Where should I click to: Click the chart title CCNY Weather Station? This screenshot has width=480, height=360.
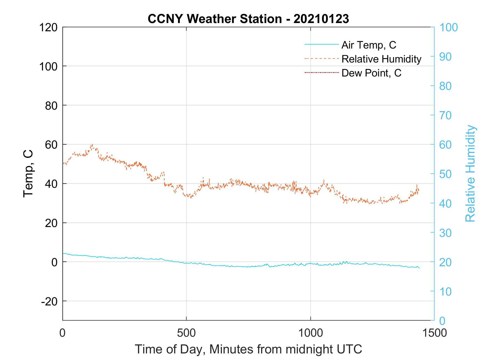(248, 19)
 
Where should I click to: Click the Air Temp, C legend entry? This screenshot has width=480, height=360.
(369, 45)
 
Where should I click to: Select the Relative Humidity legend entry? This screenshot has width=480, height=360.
(381, 59)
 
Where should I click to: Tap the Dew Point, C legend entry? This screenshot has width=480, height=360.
(371, 73)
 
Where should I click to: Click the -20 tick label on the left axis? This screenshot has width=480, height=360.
(49, 301)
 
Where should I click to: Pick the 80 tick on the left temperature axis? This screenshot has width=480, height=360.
(51, 106)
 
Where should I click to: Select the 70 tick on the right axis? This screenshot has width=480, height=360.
(445, 115)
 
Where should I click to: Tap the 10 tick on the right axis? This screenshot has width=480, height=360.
(445, 291)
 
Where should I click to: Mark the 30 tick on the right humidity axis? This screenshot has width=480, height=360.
(445, 233)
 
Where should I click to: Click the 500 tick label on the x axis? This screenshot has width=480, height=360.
(186, 333)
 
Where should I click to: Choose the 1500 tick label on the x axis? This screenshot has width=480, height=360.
(434, 333)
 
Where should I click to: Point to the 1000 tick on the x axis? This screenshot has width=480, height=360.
(310, 333)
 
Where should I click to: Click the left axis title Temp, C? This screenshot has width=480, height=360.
(28, 173)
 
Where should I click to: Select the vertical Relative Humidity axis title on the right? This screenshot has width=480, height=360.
(470, 173)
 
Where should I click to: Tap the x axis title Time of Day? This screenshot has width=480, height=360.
(248, 349)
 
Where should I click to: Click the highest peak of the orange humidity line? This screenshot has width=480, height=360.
(92, 145)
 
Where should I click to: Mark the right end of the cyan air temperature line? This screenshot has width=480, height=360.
(419, 268)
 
